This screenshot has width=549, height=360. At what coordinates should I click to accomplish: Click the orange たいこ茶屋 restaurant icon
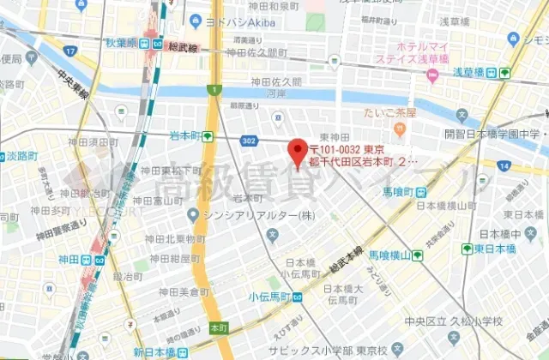(x=399, y=128)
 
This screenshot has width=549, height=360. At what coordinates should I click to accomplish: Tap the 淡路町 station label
(x=16, y=158)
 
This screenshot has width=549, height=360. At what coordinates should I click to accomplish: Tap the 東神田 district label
(x=335, y=137)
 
